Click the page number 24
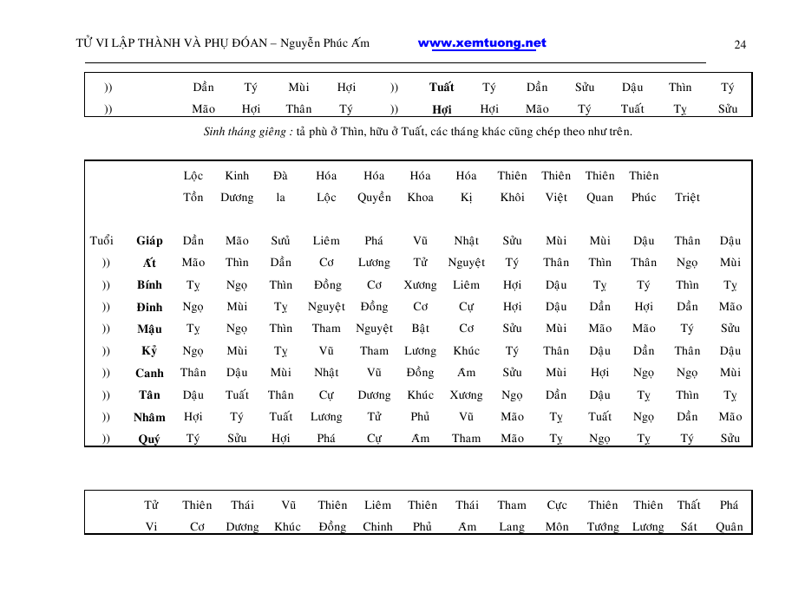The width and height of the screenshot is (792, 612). point(740,45)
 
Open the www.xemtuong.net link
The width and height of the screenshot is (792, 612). point(482,43)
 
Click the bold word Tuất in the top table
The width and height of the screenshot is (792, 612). point(442,88)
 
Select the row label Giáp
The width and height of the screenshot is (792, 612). point(149,241)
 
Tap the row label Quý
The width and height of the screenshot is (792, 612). point(149,439)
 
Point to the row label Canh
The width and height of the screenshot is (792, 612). point(149,373)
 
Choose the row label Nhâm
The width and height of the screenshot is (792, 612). point(149,417)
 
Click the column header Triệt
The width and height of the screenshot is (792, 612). point(687,198)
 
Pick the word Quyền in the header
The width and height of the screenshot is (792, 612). point(374,198)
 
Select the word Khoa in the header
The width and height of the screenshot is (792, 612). point(421,198)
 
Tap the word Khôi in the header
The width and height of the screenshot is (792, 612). point(512,198)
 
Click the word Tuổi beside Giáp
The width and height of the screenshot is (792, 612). point(101,241)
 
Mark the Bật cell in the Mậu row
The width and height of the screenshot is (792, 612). point(421,329)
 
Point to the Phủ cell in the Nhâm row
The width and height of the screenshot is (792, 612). point(421,417)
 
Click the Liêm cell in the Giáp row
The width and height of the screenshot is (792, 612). point(326,241)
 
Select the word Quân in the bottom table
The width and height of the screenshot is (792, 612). point(730,527)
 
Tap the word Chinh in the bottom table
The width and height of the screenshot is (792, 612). point(377,527)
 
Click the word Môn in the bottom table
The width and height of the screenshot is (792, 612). point(557,527)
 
